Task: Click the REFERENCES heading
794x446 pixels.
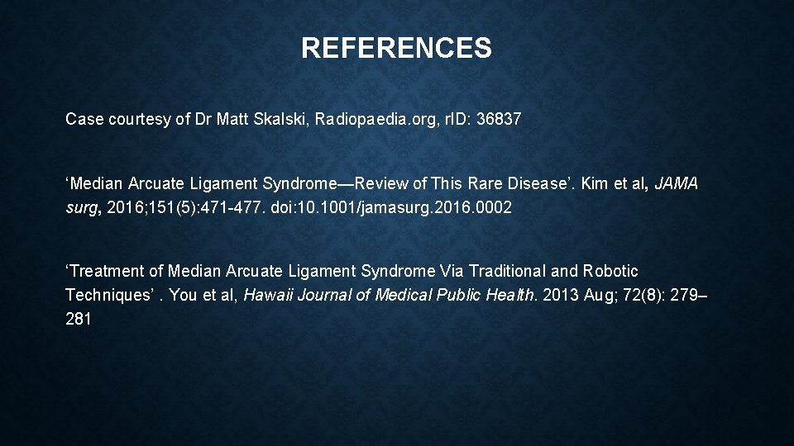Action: pyautogui.click(x=396, y=48)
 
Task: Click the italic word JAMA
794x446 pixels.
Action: pyautogui.click(x=676, y=184)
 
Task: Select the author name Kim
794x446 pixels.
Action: pyautogui.click(x=595, y=184)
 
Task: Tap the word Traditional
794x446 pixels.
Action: pyautogui.click(x=506, y=271)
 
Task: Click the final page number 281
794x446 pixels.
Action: pyautogui.click(x=78, y=318)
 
